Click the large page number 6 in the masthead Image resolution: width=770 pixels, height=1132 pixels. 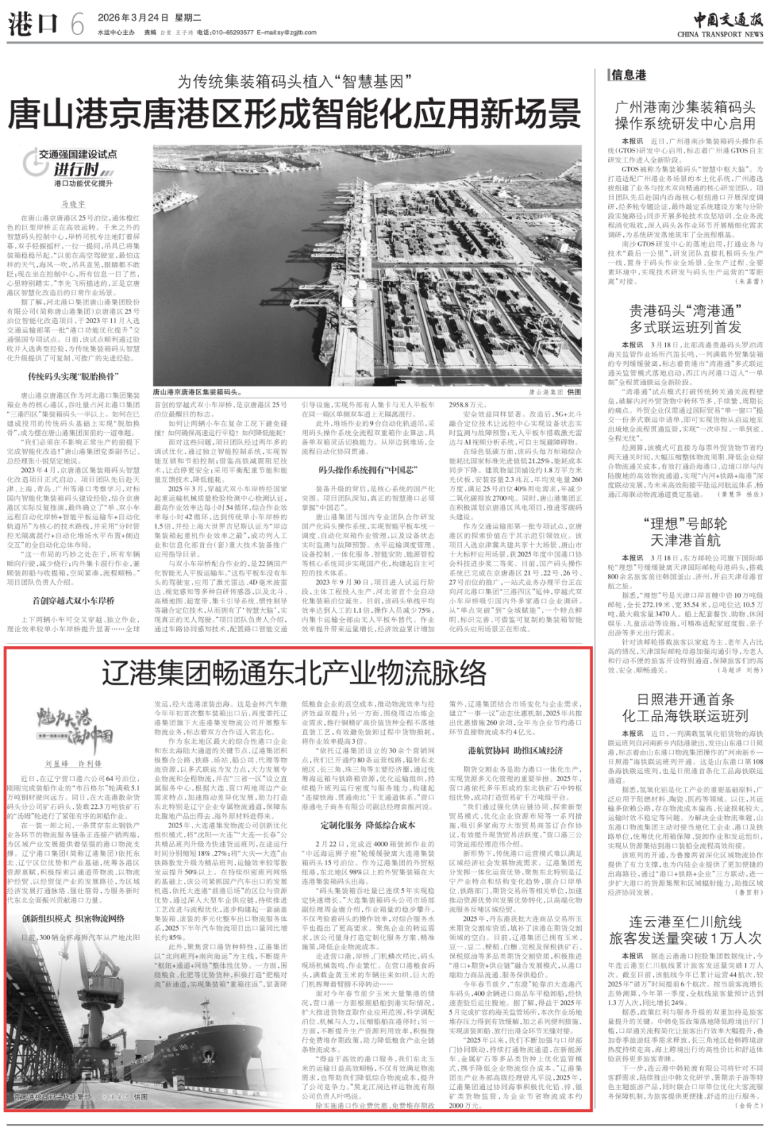click(77, 26)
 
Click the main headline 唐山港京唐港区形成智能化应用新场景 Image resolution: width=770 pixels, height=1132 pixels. click(294, 114)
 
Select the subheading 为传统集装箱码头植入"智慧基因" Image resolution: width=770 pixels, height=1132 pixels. click(295, 81)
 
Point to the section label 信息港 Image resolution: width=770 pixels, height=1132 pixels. click(628, 74)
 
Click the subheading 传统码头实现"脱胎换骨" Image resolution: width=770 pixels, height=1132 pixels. click(73, 377)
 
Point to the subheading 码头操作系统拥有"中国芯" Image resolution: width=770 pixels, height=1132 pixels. click(367, 470)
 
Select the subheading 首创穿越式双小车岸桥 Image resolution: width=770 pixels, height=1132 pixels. click(73, 601)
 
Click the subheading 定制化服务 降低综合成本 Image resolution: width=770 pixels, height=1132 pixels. click(367, 825)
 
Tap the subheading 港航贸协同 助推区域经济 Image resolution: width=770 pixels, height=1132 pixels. click(515, 750)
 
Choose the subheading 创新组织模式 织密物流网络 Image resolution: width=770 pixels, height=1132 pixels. click(73, 919)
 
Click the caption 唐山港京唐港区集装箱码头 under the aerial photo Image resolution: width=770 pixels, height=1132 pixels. click(197, 392)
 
